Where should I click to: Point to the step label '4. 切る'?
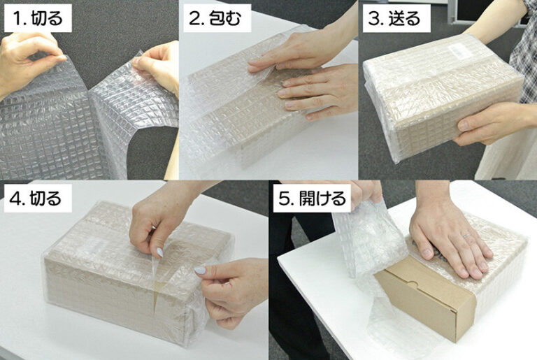point(37,199)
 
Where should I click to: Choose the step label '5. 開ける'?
point(312,199)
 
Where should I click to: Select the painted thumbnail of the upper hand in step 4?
point(159,252)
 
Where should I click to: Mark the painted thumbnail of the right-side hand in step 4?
point(200,270)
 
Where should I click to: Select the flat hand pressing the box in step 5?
point(447,238)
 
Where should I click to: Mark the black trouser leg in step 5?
point(294,308)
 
